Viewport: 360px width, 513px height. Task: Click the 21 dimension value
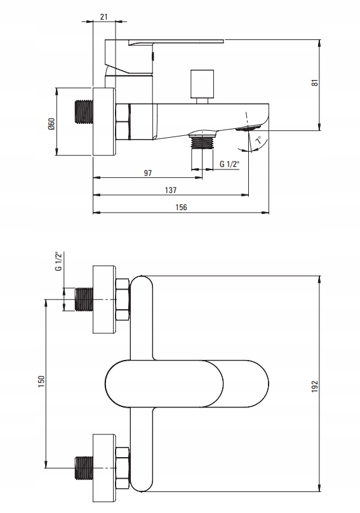tap(103, 17)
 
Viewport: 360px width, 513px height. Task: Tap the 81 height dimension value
tap(314, 83)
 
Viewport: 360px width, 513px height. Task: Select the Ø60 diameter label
tap(51, 124)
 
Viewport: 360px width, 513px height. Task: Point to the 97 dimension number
tap(148, 173)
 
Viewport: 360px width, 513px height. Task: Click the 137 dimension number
tap(171, 190)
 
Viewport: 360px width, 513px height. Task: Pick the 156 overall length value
tap(181, 208)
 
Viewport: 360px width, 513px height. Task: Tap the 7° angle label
tap(258, 140)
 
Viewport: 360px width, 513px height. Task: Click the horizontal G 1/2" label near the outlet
tap(229, 164)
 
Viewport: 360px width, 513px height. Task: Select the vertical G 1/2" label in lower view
tap(58, 261)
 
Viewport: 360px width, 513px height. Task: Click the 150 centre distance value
tap(41, 382)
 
